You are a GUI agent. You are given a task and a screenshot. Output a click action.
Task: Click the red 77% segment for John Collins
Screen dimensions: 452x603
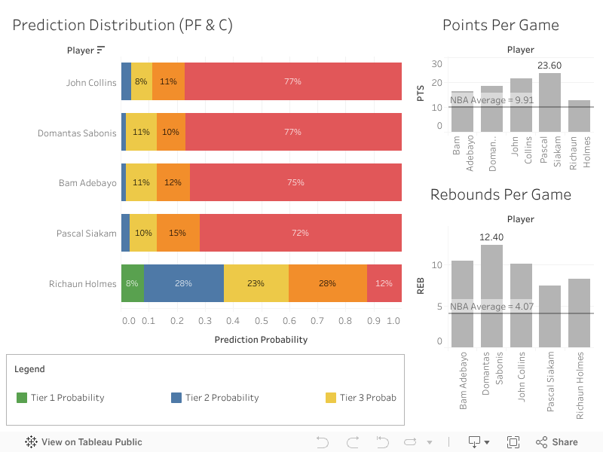[292, 81]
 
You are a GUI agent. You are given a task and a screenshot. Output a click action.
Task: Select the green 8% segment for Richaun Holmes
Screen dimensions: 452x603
[132, 283]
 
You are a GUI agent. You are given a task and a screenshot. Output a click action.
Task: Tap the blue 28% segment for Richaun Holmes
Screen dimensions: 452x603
[183, 283]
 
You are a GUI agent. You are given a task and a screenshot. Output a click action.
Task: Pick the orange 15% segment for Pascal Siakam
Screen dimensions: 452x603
[178, 233]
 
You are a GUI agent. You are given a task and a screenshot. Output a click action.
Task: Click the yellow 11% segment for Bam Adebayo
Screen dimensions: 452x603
[141, 182]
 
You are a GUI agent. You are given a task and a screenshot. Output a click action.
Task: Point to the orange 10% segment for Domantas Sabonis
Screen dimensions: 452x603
[171, 132]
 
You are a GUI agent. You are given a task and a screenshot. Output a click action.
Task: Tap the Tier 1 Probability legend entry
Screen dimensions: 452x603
[60, 398]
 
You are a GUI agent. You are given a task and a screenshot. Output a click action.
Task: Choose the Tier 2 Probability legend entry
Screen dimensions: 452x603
[214, 398]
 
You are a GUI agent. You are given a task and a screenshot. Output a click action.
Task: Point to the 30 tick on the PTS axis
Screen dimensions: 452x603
[436, 63]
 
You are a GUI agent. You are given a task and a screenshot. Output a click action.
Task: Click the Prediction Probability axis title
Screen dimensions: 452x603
[261, 340]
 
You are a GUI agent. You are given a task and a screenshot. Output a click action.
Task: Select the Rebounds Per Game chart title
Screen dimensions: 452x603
[500, 194]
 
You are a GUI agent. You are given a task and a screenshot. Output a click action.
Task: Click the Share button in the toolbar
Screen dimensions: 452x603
[556, 442]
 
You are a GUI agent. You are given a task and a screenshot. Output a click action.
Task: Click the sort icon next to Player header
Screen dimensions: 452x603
[101, 50]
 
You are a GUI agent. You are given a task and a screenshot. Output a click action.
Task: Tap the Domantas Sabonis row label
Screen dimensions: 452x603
[77, 133]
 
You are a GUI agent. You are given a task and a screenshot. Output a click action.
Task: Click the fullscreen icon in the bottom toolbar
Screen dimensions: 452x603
[513, 442]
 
